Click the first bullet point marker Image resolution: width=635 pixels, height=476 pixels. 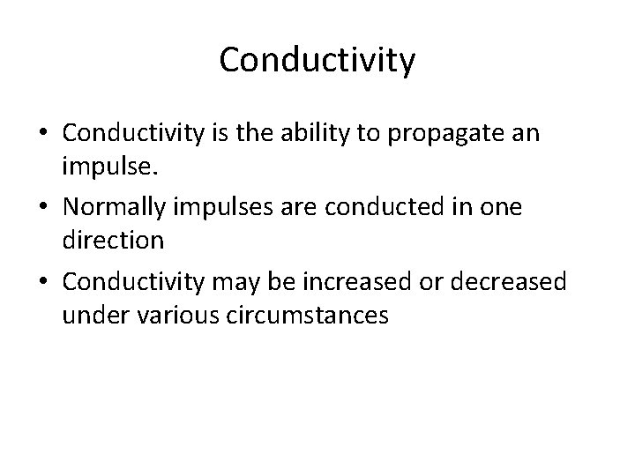tap(43, 134)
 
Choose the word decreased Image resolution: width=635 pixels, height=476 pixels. tap(518, 285)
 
